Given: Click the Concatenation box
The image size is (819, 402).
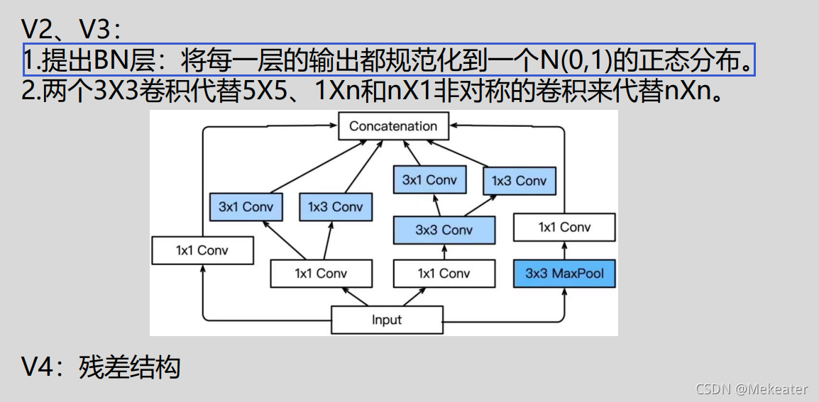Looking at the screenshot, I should point(393,126).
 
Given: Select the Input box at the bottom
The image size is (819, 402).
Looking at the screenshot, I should point(387,320).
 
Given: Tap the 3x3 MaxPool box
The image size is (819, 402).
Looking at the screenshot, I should point(564,274).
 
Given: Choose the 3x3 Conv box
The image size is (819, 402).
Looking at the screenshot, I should point(444,230).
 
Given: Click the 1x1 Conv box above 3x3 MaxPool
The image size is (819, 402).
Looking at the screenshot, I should point(564,228).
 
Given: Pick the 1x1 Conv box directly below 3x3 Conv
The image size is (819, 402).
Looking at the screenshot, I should point(444,274).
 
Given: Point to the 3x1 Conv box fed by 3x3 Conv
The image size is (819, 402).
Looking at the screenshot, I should point(429,180).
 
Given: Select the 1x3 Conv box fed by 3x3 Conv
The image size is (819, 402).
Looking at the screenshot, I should point(520,181).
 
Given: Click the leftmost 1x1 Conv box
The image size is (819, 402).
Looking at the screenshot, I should point(202,250).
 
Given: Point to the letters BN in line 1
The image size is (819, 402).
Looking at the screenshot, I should point(110,62).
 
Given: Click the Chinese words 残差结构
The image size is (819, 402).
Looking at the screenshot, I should point(130,367).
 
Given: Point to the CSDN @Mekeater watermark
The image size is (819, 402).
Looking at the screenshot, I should point(752,389).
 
